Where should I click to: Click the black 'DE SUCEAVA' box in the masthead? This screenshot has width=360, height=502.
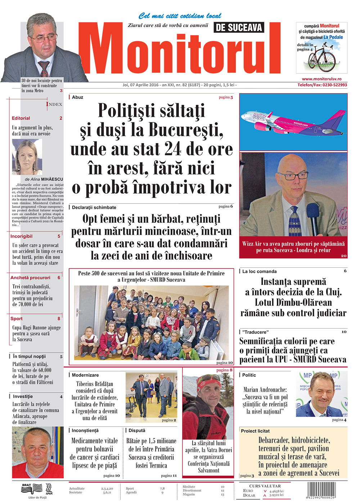[239, 27]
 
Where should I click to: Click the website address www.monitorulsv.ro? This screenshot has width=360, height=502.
[321, 79]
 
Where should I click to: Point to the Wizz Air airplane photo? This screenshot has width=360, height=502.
[293, 122]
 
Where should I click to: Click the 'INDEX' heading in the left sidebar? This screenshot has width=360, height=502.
[54, 104]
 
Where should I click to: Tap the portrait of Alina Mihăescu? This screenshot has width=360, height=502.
[27, 157]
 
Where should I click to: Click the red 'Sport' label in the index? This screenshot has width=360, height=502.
[17, 318]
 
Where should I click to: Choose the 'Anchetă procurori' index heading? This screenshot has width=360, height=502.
[30, 278]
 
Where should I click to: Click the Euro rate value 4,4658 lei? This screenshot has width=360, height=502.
[276, 491]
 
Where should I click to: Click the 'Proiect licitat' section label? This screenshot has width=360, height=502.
[255, 431]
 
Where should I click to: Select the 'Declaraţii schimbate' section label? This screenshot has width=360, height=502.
[94, 207]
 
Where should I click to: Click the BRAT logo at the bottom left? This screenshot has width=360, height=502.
[27, 485]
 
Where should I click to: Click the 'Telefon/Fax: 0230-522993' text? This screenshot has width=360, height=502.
[322, 85]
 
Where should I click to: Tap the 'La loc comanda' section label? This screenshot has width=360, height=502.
[259, 271]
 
